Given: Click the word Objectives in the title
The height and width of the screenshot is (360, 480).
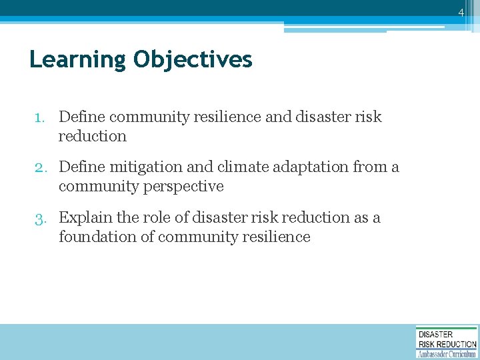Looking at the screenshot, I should point(193,60).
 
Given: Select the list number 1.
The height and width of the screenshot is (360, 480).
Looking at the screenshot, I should point(41,117).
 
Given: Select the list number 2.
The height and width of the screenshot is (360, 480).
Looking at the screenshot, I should point(41,167).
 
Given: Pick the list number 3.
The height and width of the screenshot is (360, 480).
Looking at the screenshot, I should point(41,218).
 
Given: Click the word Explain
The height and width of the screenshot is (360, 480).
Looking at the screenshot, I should point(85,218).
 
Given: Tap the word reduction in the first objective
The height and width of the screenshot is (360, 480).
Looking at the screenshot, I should point(92,136).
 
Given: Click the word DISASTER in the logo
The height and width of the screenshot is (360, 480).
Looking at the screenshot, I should point(435,334).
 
